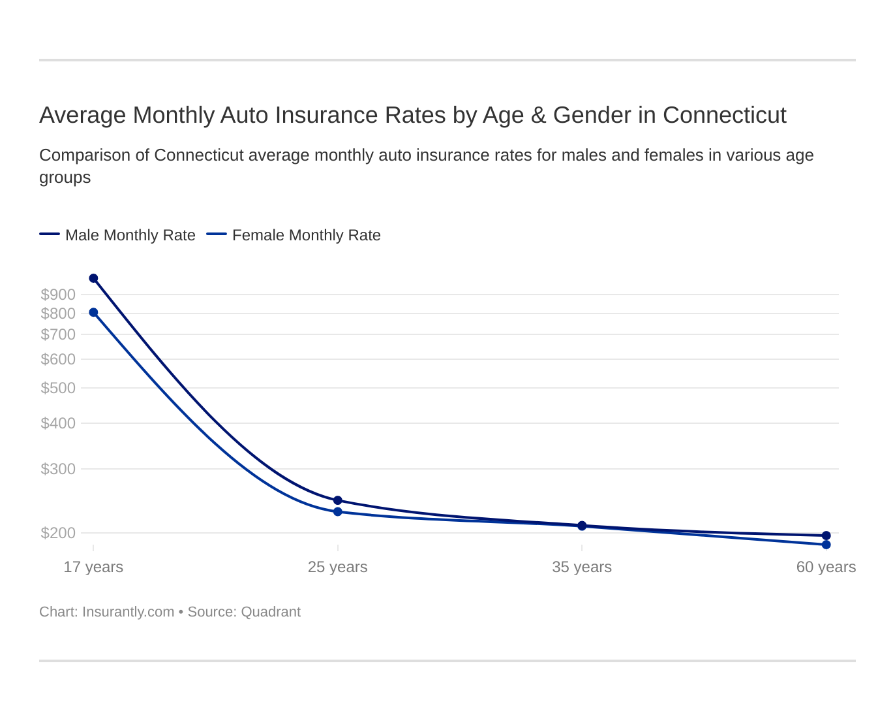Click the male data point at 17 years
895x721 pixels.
(93, 278)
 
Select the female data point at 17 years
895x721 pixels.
(93, 312)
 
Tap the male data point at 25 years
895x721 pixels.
(338, 500)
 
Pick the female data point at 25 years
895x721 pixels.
(338, 511)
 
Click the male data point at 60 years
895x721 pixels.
(826, 536)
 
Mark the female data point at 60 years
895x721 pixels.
(826, 545)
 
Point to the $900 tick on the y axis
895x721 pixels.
(58, 295)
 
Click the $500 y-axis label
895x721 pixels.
(58, 388)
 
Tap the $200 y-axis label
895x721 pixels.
(58, 533)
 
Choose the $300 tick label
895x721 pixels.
(58, 469)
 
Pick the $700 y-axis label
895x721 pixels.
(58, 334)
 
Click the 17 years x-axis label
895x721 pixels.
(93, 567)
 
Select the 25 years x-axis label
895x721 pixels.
(338, 567)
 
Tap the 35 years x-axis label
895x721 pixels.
(582, 567)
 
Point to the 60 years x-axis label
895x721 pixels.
(826, 567)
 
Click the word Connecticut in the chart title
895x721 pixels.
(724, 115)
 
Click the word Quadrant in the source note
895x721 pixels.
(271, 612)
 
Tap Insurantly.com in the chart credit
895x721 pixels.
(128, 612)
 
